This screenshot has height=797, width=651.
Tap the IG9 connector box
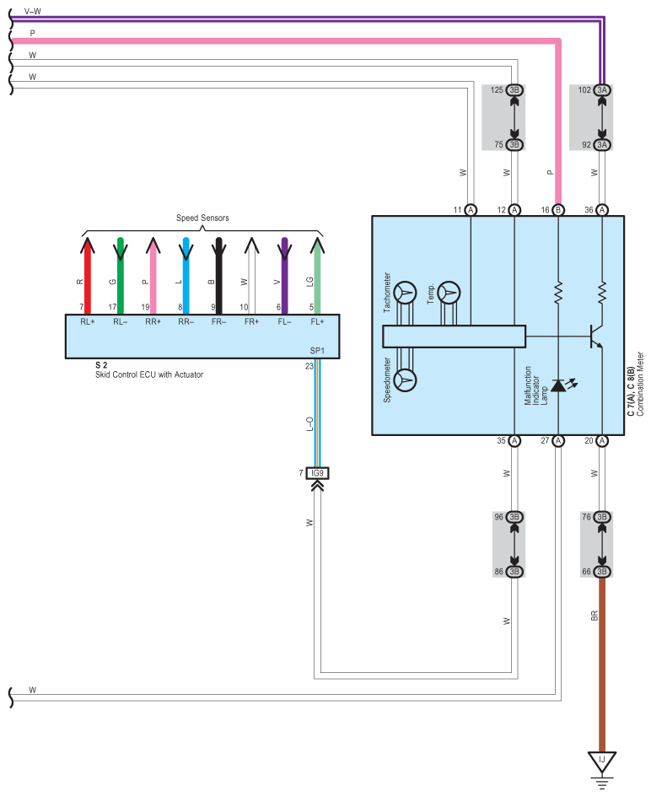tap(317, 473)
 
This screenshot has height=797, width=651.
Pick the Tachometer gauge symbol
tap(405, 293)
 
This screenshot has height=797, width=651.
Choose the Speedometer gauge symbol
tap(405, 380)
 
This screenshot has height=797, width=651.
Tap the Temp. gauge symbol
tap(449, 293)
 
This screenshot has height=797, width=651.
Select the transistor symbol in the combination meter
tap(595, 337)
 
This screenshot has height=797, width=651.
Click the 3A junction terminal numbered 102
tap(602, 90)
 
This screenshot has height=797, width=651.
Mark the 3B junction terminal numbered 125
tap(514, 90)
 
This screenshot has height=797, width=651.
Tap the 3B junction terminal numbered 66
tap(602, 572)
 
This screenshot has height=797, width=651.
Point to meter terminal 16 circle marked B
tap(558, 210)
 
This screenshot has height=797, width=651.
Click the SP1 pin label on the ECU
tap(317, 351)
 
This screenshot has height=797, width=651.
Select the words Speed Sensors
tap(202, 218)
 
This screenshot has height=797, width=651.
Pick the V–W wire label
tap(33, 11)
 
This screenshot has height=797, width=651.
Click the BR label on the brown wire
tap(595, 616)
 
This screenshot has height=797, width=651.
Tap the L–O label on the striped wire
tap(309, 424)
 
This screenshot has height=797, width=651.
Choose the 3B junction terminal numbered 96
tap(514, 517)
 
